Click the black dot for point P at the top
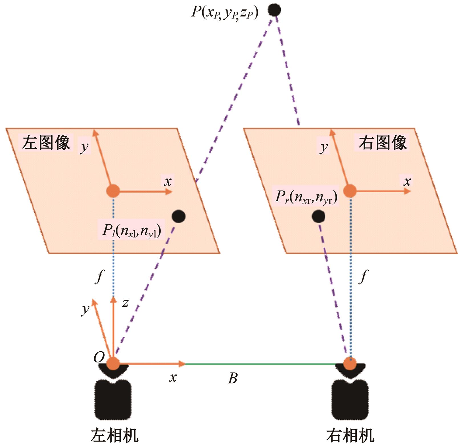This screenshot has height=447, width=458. (274, 10)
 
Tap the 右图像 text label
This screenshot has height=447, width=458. (382, 142)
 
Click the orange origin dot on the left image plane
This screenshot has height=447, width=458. (113, 191)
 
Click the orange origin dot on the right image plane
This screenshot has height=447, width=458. (350, 191)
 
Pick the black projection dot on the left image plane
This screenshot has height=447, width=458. (179, 217)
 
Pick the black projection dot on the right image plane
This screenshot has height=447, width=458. (319, 217)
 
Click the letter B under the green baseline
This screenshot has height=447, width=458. (232, 378)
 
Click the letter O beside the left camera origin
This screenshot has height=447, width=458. (99, 357)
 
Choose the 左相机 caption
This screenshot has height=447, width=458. (115, 435)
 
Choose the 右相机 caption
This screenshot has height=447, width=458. (350, 435)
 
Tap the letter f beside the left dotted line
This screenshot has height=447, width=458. (99, 276)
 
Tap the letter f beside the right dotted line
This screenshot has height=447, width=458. (363, 276)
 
